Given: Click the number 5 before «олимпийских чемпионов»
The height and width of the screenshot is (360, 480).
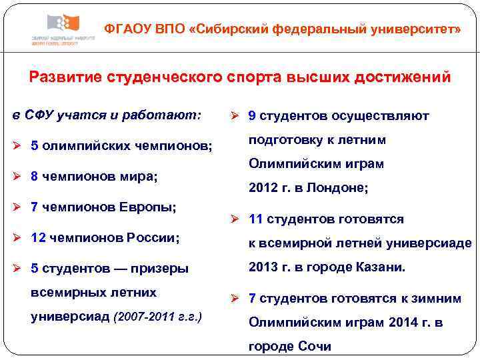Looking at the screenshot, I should pos(35,146).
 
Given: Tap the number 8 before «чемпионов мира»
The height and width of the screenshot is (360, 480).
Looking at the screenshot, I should pos(35,177).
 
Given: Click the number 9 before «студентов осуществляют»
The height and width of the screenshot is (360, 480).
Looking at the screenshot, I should pos(252,116).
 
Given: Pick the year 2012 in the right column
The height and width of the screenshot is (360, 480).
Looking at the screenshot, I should pos(262,189).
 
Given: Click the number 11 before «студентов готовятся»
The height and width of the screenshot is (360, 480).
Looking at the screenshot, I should pos(255,219).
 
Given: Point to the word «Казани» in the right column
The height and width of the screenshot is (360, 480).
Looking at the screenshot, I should pos(380,267).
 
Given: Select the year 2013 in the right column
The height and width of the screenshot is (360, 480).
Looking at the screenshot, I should pos(262,267).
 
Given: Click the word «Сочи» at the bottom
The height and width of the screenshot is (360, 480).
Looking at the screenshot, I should pos(317,347).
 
